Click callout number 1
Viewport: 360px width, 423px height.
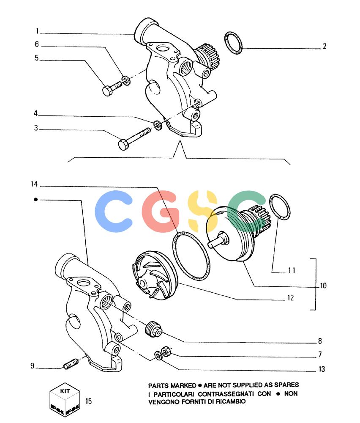pos(38,31)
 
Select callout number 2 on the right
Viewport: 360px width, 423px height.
pos(325,47)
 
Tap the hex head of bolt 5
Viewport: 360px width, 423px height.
pos(107,91)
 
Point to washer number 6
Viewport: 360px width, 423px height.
pos(126,80)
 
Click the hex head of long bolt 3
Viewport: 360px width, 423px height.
pos(123,144)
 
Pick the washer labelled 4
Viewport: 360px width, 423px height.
pos(158,125)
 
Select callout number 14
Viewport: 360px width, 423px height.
pos(34,184)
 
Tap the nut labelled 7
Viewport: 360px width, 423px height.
pos(166,351)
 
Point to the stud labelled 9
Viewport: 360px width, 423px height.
pos(71,364)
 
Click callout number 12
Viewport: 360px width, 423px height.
pos(290,298)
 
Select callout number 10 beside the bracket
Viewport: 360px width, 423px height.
pos(323,286)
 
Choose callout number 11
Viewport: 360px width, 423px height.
pos(292,270)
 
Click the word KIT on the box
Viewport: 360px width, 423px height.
pos(65,391)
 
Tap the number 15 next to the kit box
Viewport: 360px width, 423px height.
pos(89,401)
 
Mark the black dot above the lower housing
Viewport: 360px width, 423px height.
pos(36,200)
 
